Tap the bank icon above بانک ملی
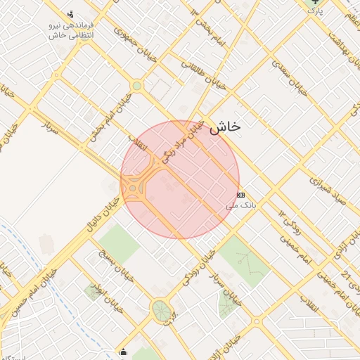pos(241,195)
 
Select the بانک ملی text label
pos(238,206)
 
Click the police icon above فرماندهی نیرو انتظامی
pos(70,13)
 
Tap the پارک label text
pos(318,11)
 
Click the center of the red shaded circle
pos(180,179)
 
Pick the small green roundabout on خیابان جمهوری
pos(136,86)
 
